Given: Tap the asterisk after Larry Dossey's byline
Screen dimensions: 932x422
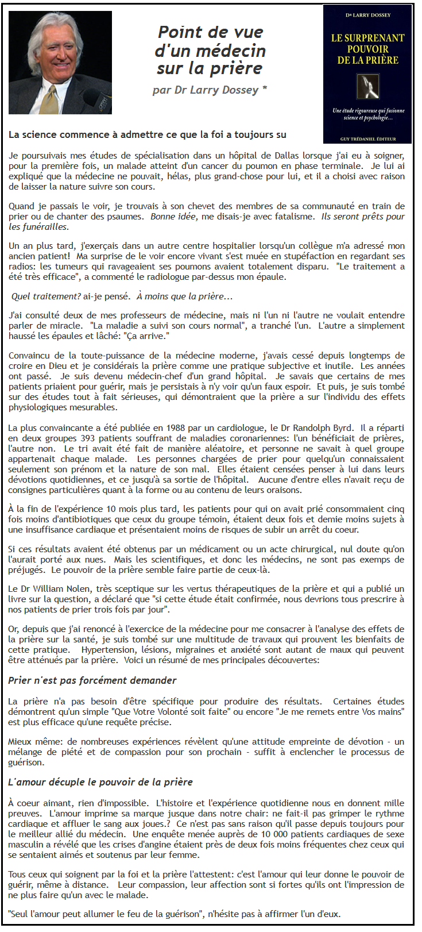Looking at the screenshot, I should tap(264, 89).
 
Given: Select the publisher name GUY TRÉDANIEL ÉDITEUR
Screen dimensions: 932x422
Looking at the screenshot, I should tap(367, 138).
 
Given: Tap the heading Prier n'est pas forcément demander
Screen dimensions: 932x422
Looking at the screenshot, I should tap(92, 680).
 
